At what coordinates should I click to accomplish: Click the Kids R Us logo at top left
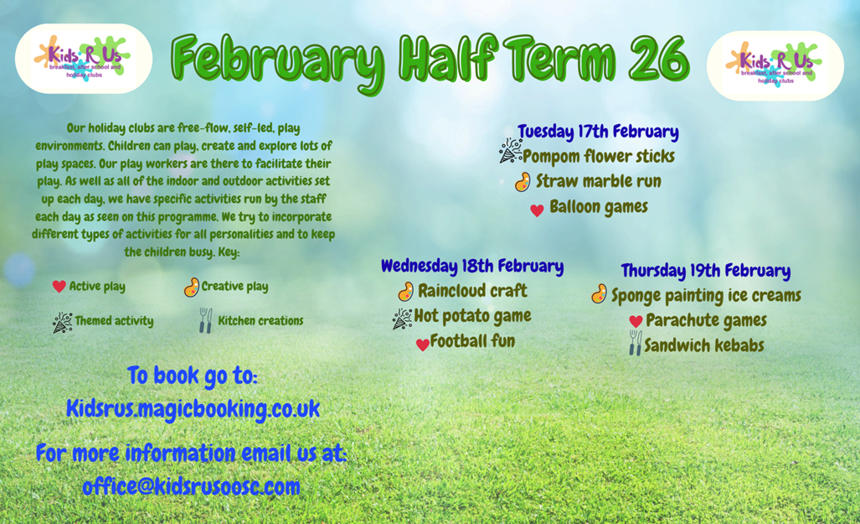click(x=84, y=59)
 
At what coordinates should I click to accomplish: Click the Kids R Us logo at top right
click(x=775, y=65)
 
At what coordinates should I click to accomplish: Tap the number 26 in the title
click(x=659, y=60)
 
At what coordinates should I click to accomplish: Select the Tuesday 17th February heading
click(x=598, y=132)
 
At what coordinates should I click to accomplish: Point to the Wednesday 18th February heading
click(x=472, y=266)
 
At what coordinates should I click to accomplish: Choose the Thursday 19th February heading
click(x=706, y=271)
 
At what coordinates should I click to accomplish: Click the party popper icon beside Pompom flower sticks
click(x=510, y=151)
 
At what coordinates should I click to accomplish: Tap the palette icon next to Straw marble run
click(x=523, y=182)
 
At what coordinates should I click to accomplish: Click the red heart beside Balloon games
click(x=537, y=210)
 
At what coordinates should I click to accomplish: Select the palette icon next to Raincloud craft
click(x=406, y=292)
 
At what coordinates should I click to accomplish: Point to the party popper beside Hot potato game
click(x=402, y=319)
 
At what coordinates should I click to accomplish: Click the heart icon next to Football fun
click(x=422, y=345)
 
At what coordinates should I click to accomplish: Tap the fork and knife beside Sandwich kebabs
click(x=635, y=343)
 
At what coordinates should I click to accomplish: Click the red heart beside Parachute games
click(x=636, y=321)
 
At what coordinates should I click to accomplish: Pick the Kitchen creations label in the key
click(x=260, y=321)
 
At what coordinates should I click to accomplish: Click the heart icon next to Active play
click(x=59, y=286)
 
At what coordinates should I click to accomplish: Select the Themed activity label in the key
click(x=114, y=321)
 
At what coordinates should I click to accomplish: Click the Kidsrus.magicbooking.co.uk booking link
click(x=193, y=409)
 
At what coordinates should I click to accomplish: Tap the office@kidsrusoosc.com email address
click(x=192, y=486)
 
